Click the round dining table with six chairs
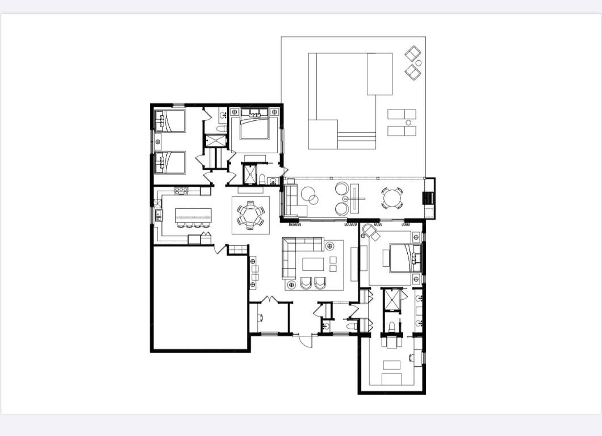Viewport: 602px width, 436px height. pos(250,215)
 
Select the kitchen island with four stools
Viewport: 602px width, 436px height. pos(193,216)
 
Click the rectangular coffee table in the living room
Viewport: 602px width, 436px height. pos(313,264)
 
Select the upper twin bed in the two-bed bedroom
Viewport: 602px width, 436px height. pos(170,121)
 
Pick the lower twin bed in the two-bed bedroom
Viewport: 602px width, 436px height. pos(170,162)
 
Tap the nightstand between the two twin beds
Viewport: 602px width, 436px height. pos(158,141)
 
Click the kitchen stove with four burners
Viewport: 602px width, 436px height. pos(181,191)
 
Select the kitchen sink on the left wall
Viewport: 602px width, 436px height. pos(158,215)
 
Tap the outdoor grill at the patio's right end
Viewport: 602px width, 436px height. pos(429,198)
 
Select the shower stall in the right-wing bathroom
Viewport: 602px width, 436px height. pos(392,301)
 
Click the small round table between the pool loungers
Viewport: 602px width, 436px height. pos(408,123)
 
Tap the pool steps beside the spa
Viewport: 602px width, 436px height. pos(357,140)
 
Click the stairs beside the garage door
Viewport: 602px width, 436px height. pos(238,249)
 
